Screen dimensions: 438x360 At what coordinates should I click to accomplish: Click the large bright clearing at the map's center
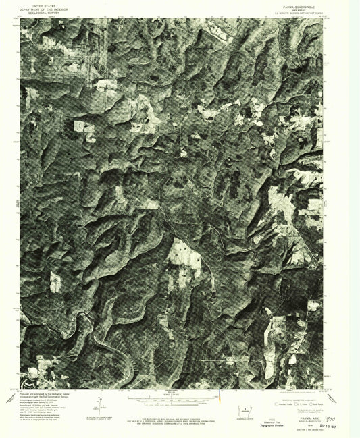182,253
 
